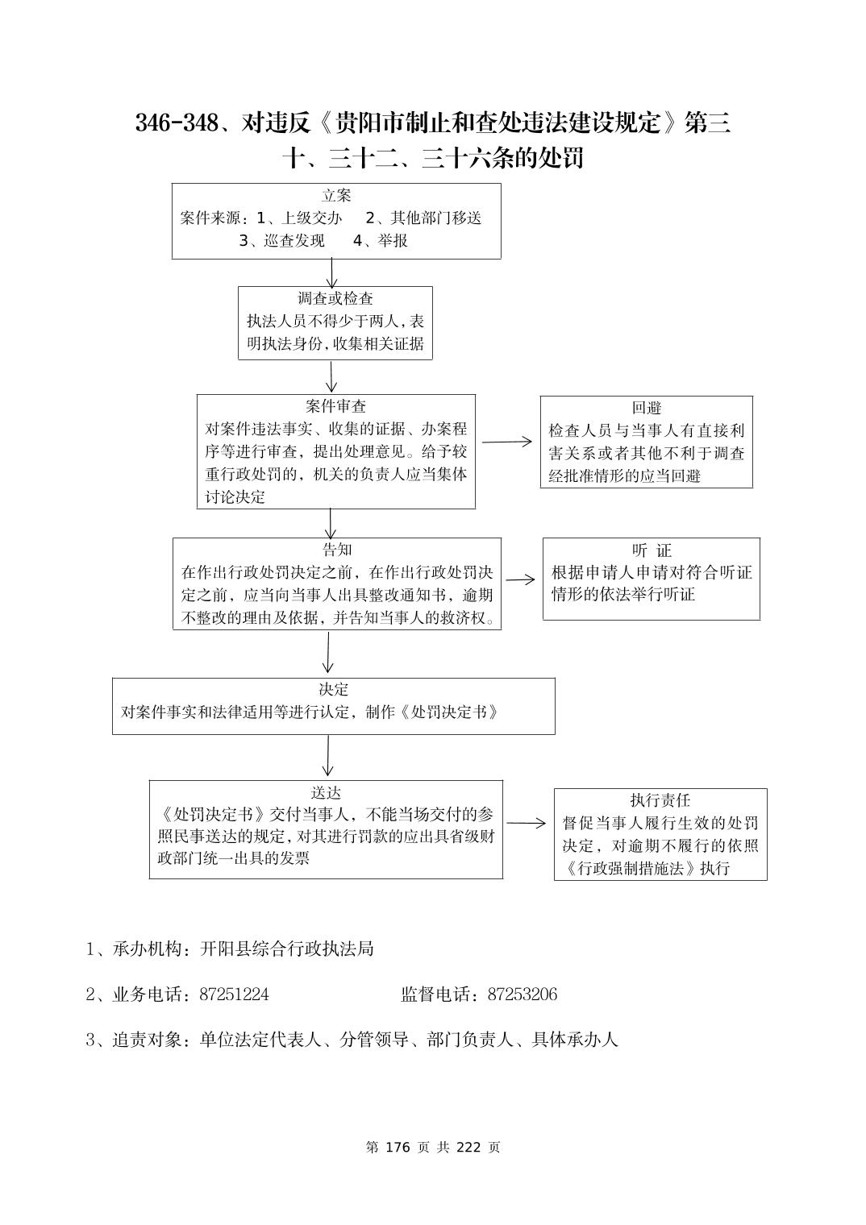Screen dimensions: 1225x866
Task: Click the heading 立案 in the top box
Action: [x=336, y=196]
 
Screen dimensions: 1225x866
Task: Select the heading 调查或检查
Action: [x=335, y=299]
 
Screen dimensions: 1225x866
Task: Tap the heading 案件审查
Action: [x=336, y=406]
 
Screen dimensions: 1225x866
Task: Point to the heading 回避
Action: [x=647, y=409]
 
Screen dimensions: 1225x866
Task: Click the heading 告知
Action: [x=337, y=550]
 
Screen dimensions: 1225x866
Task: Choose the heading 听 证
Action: [x=652, y=550]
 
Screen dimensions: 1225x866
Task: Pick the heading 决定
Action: [x=333, y=690]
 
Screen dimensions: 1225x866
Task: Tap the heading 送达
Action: [x=326, y=792]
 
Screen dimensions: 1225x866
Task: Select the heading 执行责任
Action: [x=660, y=800]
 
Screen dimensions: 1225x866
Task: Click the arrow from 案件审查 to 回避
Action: [x=507, y=442]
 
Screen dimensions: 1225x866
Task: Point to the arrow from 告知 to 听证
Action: [x=520, y=579]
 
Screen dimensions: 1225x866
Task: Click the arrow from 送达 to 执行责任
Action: [x=527, y=824]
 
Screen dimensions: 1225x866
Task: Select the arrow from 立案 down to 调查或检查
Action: [x=331, y=272]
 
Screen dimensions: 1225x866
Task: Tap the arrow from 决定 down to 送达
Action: [x=327, y=757]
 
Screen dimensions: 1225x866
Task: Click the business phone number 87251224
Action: [x=234, y=995]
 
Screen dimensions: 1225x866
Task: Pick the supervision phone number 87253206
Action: [x=522, y=995]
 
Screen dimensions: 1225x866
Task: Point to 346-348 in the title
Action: [x=177, y=123]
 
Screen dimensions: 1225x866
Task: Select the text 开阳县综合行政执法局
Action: [x=287, y=949]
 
